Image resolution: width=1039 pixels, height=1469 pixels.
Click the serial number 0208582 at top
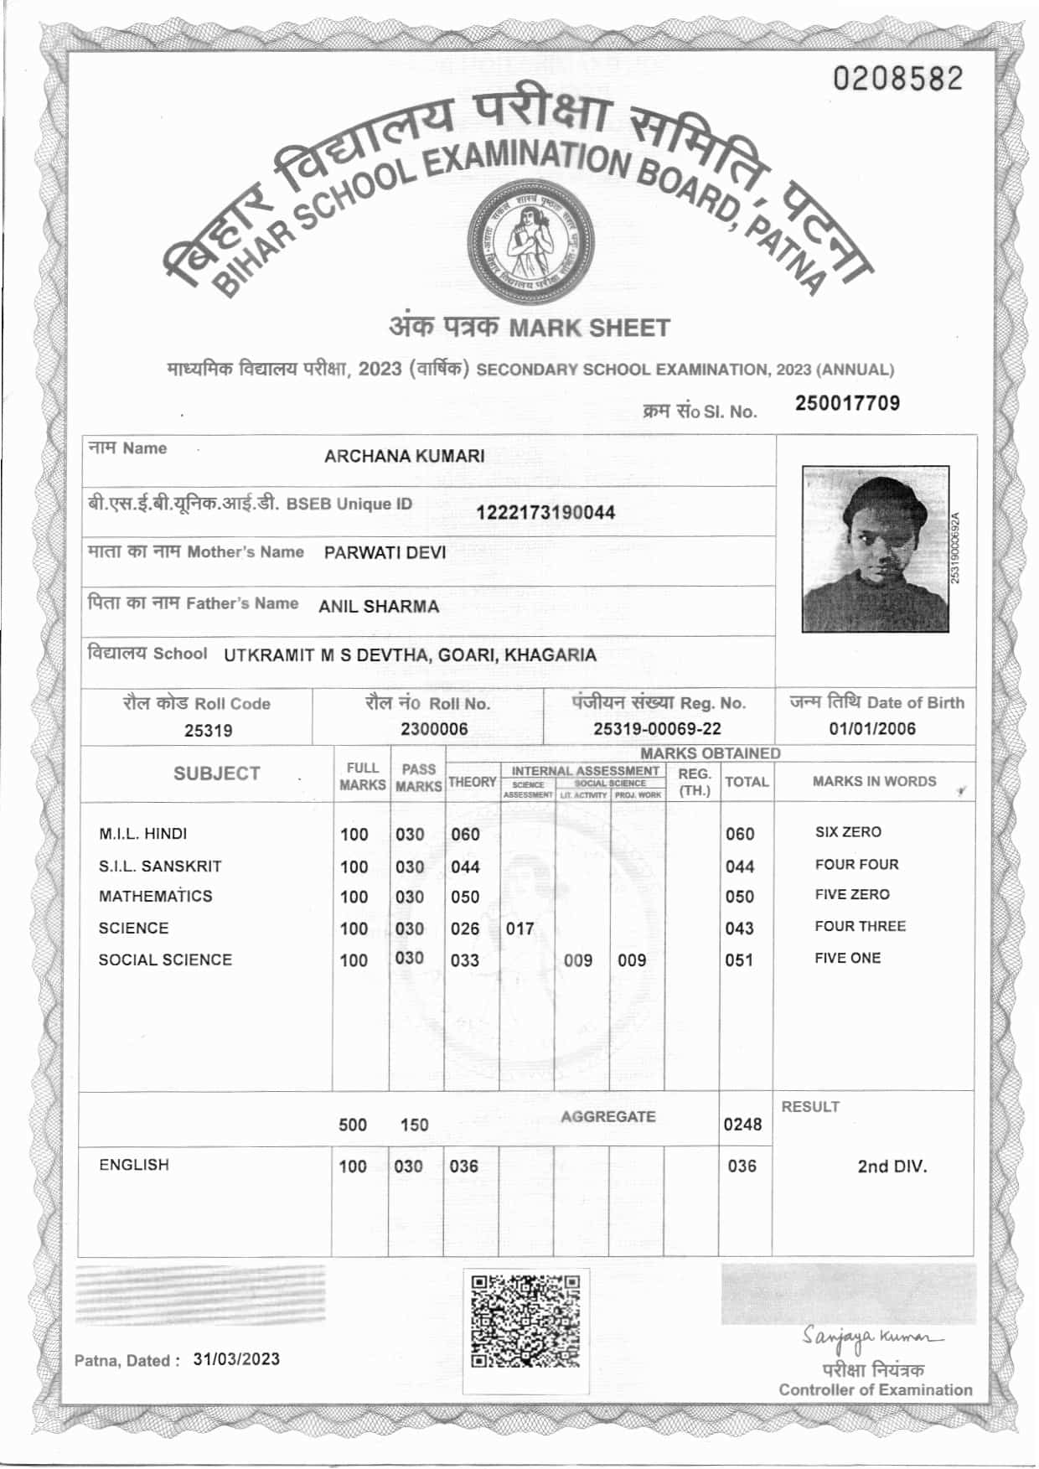pyautogui.click(x=897, y=79)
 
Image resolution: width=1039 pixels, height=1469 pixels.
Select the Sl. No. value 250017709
pyautogui.click(x=847, y=403)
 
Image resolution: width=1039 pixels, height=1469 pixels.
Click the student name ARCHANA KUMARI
pyautogui.click(x=404, y=457)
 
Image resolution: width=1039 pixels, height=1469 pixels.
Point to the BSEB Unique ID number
pyautogui.click(x=545, y=513)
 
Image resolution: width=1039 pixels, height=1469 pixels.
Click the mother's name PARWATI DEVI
pyautogui.click(x=385, y=553)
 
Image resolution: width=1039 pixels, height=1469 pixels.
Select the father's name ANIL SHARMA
pyautogui.click(x=378, y=607)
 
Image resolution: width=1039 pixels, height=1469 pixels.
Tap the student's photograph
pyautogui.click(x=875, y=549)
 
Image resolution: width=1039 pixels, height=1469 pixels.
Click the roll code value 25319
pyautogui.click(x=208, y=731)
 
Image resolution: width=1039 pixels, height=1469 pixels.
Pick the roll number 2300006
pyautogui.click(x=433, y=729)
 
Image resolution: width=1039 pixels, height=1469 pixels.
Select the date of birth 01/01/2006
pyautogui.click(x=872, y=729)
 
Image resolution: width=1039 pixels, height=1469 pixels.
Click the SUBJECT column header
pyautogui.click(x=216, y=773)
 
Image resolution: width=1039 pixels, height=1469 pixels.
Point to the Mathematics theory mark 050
pyautogui.click(x=465, y=897)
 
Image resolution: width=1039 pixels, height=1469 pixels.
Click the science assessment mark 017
pyautogui.click(x=519, y=929)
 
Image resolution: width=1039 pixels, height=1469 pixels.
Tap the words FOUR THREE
pyautogui.click(x=860, y=927)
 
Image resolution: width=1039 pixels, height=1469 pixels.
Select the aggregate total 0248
pyautogui.click(x=742, y=1125)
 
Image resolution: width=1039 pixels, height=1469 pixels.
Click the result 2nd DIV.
pyautogui.click(x=892, y=1166)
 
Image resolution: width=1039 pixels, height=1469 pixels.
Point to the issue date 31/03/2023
pyautogui.click(x=236, y=1359)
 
